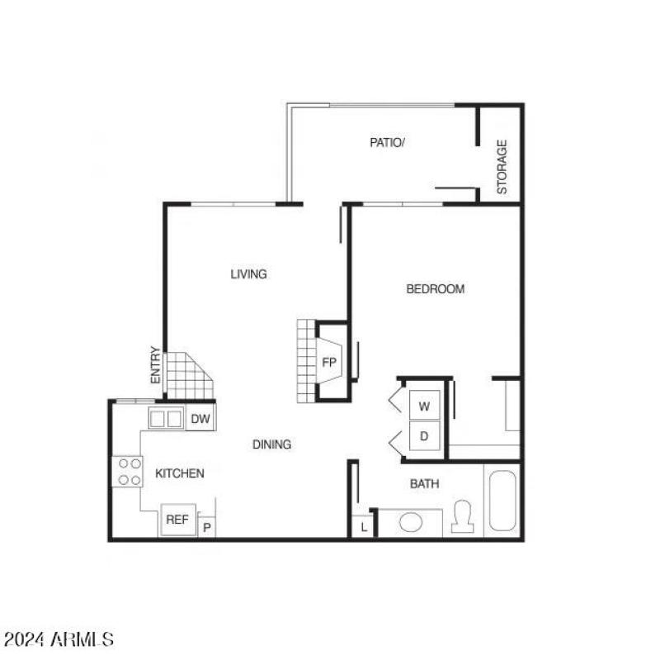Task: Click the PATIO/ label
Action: click(x=387, y=142)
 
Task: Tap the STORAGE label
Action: click(x=502, y=167)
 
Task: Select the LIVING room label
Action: click(x=248, y=274)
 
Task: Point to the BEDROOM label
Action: click(x=435, y=289)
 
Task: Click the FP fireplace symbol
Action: click(x=329, y=363)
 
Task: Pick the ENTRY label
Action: click(x=155, y=364)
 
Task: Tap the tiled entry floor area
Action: click(x=187, y=376)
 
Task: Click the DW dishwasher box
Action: click(x=200, y=419)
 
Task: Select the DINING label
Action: click(x=271, y=444)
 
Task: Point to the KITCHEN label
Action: click(x=180, y=473)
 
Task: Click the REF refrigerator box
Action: click(x=178, y=519)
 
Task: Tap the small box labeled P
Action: click(x=207, y=527)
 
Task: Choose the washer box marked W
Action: click(x=425, y=406)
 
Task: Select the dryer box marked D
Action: click(x=425, y=435)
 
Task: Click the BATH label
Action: click(x=424, y=484)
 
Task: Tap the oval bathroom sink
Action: click(x=410, y=523)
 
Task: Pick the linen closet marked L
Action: click(x=364, y=526)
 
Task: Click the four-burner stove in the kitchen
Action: click(x=128, y=472)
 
